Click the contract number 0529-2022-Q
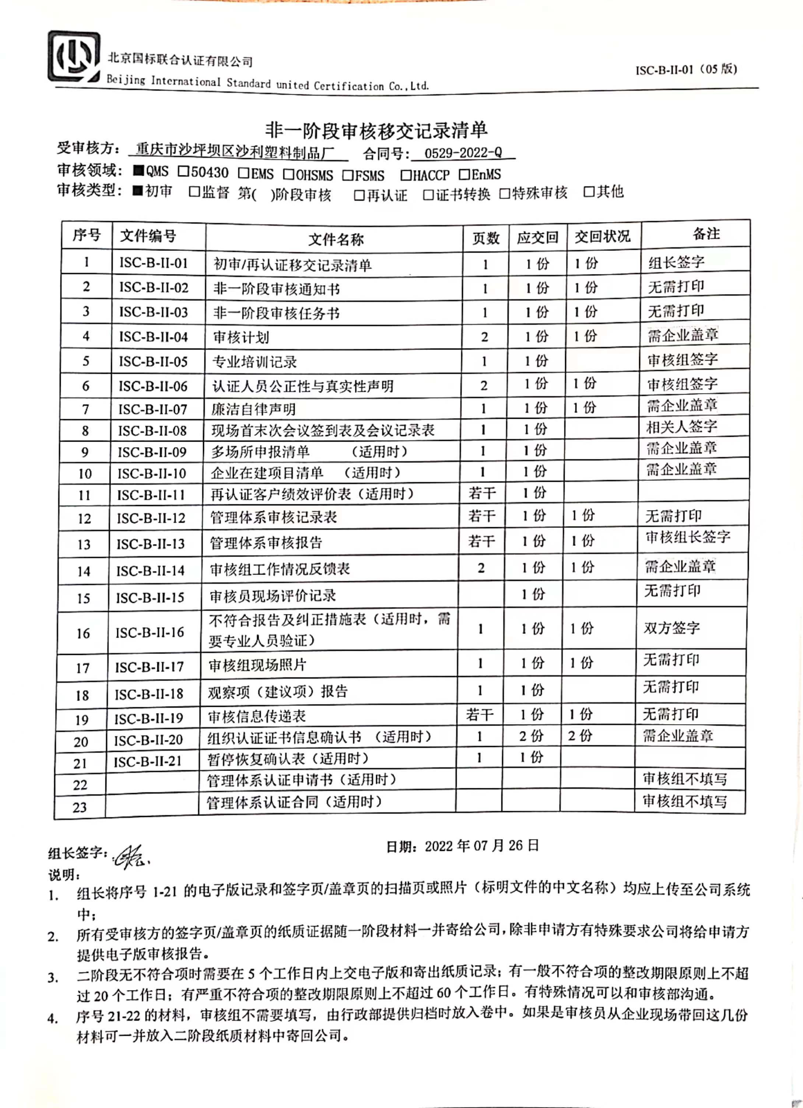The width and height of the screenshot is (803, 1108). tap(463, 153)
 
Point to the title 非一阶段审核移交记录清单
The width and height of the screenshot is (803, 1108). tap(376, 130)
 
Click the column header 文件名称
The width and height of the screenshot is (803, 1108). tap(336, 239)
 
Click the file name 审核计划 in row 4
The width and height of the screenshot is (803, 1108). tap(241, 337)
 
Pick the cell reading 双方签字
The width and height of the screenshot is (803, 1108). tap(671, 628)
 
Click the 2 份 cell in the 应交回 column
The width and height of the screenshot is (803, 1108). tap(531, 736)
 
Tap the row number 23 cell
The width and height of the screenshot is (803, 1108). tap(80, 807)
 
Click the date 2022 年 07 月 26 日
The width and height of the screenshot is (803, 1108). tap(481, 846)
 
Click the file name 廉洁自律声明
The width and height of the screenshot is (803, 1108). tap(253, 409)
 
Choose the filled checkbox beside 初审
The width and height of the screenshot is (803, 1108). tap(138, 190)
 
